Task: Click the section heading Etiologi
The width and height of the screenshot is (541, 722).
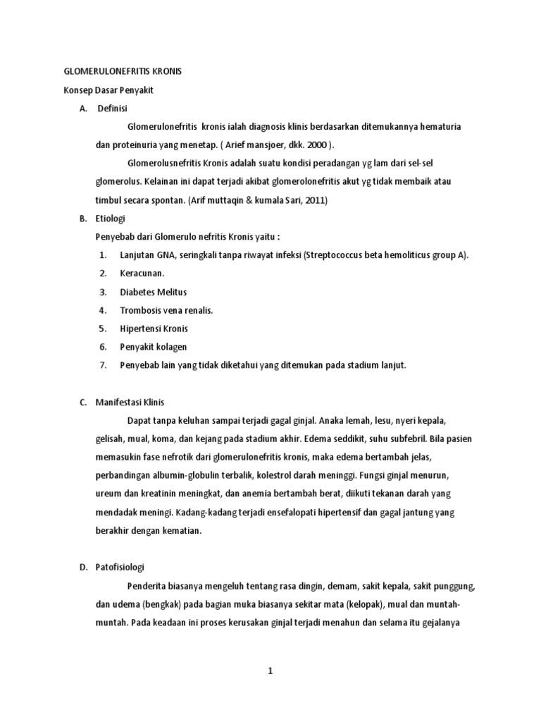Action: [x=111, y=219]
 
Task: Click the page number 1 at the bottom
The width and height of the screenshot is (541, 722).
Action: [x=270, y=671]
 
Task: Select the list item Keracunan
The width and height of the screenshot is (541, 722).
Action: [x=142, y=274]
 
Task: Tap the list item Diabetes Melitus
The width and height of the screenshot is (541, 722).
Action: [x=154, y=292]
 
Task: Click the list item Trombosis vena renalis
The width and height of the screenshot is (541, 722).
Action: [x=166, y=310]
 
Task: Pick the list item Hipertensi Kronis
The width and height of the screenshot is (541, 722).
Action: [x=154, y=329]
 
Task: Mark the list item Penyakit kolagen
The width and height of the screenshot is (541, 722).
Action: [x=153, y=347]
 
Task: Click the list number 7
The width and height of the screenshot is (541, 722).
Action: [x=103, y=365]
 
